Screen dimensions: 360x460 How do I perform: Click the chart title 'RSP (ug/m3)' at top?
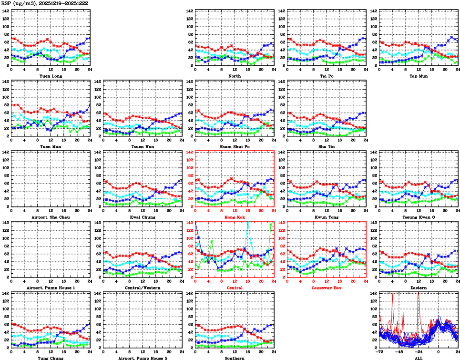click(x=20, y=3)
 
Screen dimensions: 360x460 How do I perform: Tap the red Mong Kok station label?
click(x=234, y=217)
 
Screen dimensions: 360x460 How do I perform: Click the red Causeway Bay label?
click(x=327, y=288)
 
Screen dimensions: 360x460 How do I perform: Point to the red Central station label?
click(x=234, y=288)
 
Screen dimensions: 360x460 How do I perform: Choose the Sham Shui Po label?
click(x=234, y=147)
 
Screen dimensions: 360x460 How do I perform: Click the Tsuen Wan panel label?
click(x=142, y=147)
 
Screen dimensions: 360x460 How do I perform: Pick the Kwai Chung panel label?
click(x=142, y=217)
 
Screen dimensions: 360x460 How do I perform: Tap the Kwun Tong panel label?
click(x=327, y=217)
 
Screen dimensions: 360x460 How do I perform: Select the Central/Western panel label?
click(x=142, y=288)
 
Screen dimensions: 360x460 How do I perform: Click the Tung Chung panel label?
click(x=50, y=358)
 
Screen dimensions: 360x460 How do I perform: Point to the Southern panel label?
click(x=234, y=358)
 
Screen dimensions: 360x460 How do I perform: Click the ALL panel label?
click(x=419, y=358)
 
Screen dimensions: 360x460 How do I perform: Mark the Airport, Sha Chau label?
click(x=50, y=217)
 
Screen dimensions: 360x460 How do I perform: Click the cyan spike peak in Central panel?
click(x=247, y=223)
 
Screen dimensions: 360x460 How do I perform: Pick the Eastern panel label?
click(x=419, y=288)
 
